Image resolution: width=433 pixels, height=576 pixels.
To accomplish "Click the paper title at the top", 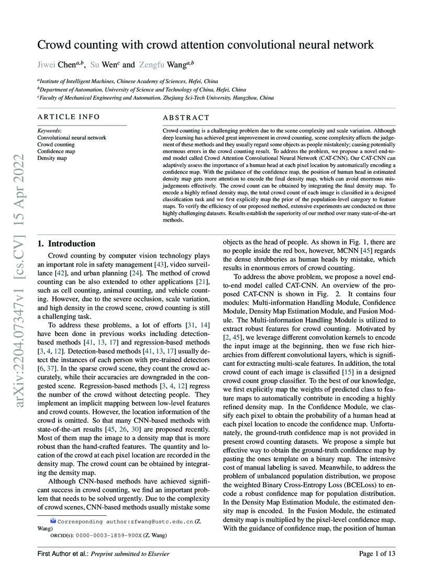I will click(x=205, y=45).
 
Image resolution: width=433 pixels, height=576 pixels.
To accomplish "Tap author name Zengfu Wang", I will click(x=165, y=65).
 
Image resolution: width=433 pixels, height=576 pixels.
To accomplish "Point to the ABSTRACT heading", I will click(x=186, y=118).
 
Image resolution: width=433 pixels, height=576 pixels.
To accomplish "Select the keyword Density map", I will click(x=52, y=157).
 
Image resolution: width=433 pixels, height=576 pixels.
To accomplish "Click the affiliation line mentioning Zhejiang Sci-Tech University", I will click(x=155, y=98).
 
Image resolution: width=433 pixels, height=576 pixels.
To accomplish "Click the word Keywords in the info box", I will click(x=49, y=130).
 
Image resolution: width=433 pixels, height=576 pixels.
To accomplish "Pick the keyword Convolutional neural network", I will click(x=71, y=137).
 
